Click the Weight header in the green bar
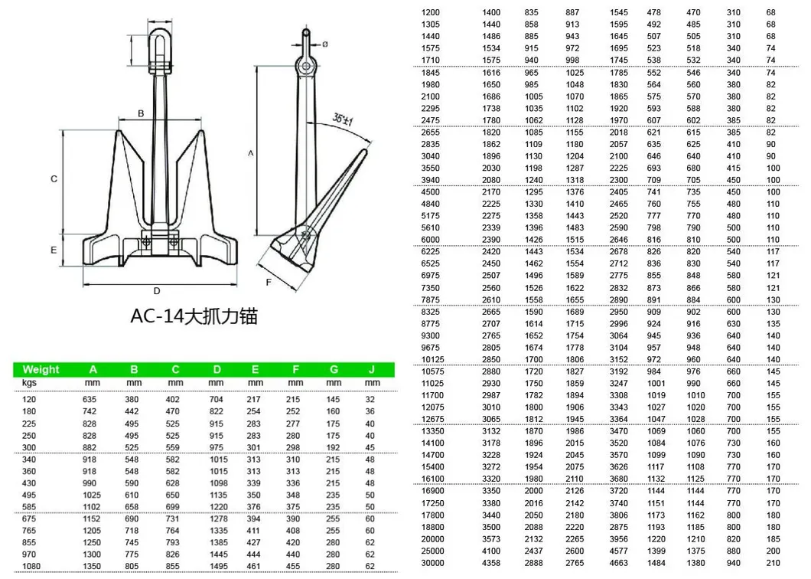[x=41, y=369]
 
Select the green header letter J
[x=372, y=369]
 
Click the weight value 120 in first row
[x=29, y=399]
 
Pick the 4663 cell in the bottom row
[x=619, y=563]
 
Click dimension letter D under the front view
[x=156, y=290]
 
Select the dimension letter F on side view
[x=269, y=283]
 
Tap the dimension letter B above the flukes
[x=141, y=113]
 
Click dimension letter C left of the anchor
[x=54, y=179]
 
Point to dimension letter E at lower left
[x=54, y=250]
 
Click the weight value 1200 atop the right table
[x=432, y=12]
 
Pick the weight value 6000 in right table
[x=432, y=240]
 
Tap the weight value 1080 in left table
[x=31, y=566]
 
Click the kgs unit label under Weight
[x=29, y=382]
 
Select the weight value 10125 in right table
[x=433, y=359]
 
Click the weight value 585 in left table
[x=29, y=506]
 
